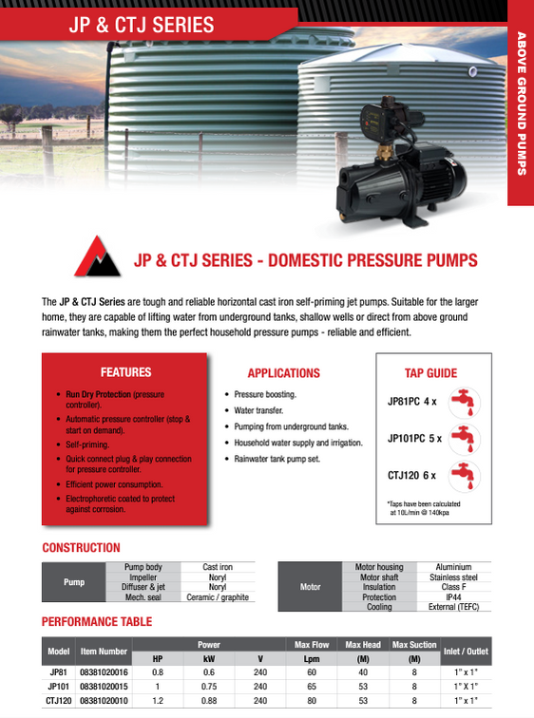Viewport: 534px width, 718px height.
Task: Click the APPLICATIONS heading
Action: click(x=283, y=373)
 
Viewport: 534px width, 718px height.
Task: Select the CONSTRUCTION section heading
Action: click(x=81, y=548)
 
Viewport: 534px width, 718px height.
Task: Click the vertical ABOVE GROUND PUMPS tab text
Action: click(x=521, y=104)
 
